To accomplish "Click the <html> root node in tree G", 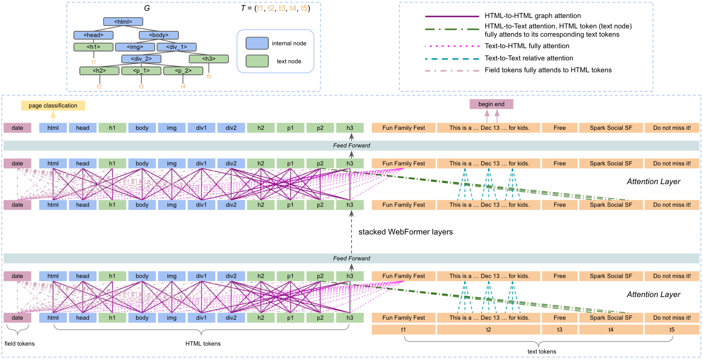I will point(123,22).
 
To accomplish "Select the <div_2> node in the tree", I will point(141,59).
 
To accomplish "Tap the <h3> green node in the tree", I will point(209,59).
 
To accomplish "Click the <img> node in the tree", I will point(135,47).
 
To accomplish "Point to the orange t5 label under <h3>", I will point(209,76).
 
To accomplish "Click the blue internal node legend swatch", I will point(257,43).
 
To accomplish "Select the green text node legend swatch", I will point(257,61).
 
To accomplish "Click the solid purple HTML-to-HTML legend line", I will point(452,16).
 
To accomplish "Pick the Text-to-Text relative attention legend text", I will point(529,58).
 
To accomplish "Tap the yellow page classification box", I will point(53,105).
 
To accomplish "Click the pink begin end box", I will point(491,104).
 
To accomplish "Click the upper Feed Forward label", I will point(351,145).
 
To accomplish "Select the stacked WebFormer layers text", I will point(405,232).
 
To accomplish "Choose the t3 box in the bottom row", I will point(559,329).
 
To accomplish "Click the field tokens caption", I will point(19,343).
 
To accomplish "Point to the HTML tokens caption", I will point(203,343).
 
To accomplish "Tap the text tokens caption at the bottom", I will point(541,351).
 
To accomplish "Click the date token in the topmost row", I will point(17,128).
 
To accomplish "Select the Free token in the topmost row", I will point(559,128).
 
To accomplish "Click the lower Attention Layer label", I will point(653,294).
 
